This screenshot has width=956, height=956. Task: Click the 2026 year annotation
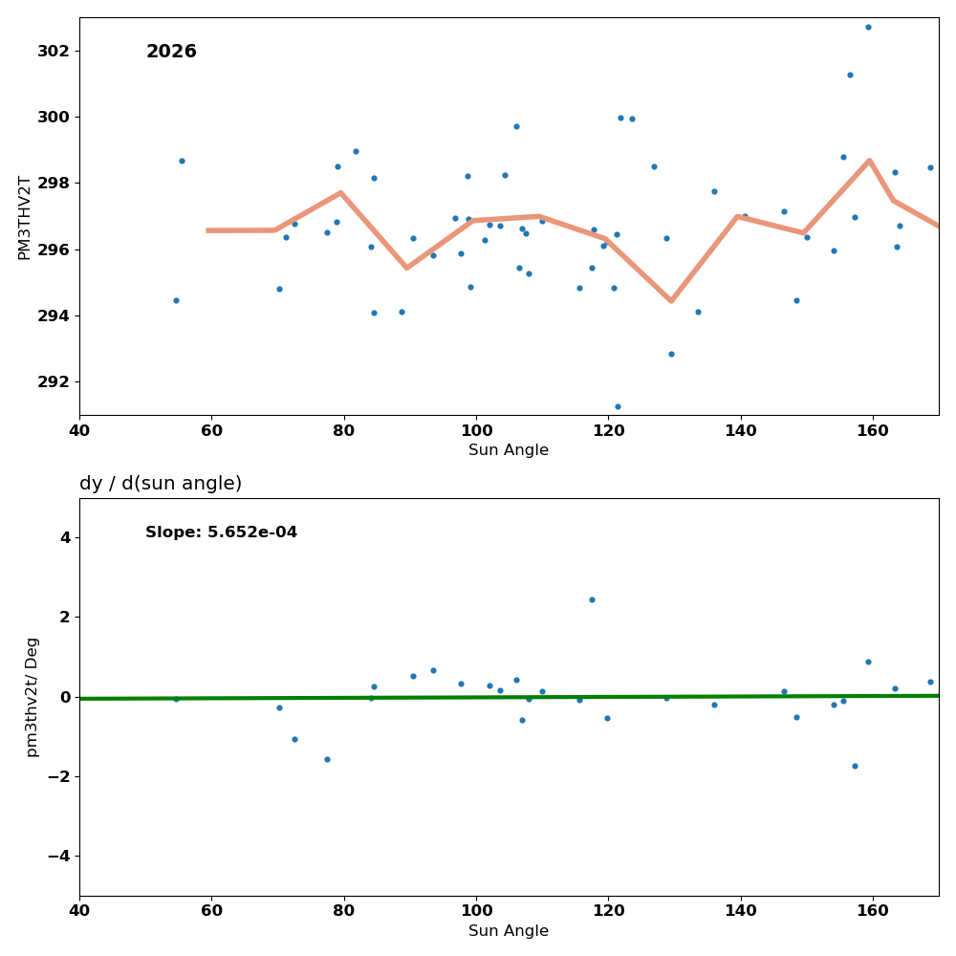[171, 52]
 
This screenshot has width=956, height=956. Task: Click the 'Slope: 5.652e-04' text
[221, 532]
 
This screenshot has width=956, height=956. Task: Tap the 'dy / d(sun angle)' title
[161, 484]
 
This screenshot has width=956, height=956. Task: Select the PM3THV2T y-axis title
[25, 217]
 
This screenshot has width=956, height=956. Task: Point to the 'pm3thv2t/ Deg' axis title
[33, 697]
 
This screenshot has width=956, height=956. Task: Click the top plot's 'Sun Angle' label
[509, 450]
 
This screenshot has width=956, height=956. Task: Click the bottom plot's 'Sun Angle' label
[509, 931]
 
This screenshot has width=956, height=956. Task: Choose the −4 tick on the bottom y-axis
[58, 856]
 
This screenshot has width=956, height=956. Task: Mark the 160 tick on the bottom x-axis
[873, 909]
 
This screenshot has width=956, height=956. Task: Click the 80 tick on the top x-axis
[344, 429]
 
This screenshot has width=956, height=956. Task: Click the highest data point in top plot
[868, 27]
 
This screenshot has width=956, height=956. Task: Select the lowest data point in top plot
[618, 406]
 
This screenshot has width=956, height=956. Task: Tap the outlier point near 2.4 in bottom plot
[592, 599]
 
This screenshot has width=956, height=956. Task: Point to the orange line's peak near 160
[869, 160]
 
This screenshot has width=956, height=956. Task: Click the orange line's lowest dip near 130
[671, 301]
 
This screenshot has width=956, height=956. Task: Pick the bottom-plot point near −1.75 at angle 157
[855, 766]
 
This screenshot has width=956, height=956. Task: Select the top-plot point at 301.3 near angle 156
[850, 75]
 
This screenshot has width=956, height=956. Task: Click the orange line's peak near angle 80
[340, 192]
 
